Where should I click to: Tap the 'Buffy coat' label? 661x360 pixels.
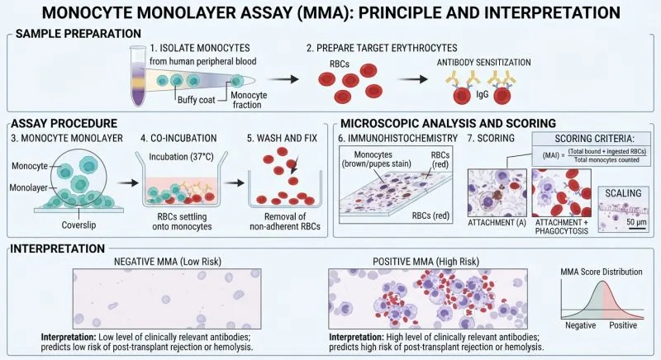point(196,100)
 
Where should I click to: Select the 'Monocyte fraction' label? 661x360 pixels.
point(249,100)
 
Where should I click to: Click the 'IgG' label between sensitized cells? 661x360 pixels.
point(483,94)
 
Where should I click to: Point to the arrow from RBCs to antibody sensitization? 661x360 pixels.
point(412,79)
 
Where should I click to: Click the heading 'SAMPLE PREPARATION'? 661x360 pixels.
point(78,34)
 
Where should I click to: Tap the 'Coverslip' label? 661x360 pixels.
point(78,225)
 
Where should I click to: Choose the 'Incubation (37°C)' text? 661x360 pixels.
point(181,157)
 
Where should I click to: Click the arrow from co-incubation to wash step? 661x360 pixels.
point(234,182)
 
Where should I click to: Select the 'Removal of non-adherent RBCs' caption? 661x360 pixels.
point(285,221)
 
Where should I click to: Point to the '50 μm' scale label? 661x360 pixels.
point(636,222)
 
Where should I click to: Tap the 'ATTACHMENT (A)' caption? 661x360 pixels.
point(497,223)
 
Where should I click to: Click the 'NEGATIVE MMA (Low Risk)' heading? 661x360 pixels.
point(168,262)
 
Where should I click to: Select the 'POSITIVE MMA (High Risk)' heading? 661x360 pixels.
point(426,262)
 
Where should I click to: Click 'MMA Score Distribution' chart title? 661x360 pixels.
point(602,272)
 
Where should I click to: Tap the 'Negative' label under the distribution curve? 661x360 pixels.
point(581,325)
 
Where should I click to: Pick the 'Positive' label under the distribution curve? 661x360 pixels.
point(623,325)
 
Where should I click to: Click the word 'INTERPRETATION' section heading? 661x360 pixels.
point(57,249)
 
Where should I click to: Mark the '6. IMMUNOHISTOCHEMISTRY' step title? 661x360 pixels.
point(397,138)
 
